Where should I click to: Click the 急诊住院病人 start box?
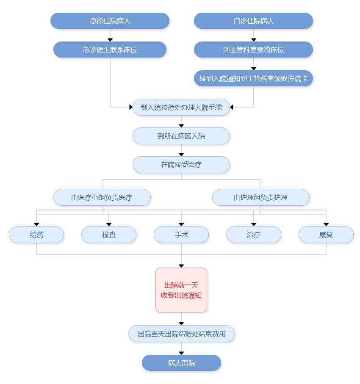[110, 21]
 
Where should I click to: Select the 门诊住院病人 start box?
[253, 21]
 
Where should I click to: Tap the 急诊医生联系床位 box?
[110, 50]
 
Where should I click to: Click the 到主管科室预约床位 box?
[253, 50]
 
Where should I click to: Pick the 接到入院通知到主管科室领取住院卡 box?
[253, 78]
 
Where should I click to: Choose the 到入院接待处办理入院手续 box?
[181, 107]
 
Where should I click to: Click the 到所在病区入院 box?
[181, 136]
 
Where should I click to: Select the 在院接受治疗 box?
[181, 165]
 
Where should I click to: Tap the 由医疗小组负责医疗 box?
[102, 197]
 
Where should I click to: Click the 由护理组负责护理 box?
[260, 197]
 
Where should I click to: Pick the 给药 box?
[36, 235]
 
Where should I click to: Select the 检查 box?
[109, 235]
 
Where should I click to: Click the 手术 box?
[181, 235]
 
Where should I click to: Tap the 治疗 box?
[253, 235]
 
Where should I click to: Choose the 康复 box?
[326, 235]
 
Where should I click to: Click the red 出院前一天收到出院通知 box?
[181, 290]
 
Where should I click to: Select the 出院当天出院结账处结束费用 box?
[181, 334]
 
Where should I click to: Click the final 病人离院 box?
[181, 363]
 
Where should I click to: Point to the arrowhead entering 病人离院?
[181, 353]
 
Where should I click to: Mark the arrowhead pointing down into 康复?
[326, 224]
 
